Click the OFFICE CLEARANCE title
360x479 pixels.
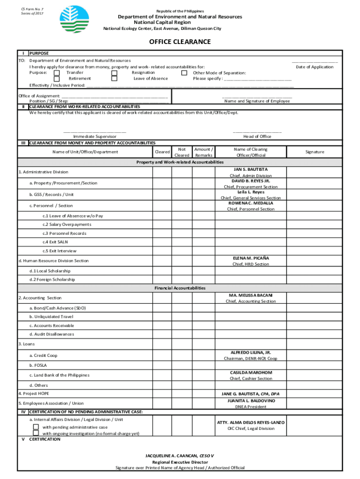pos(180,42)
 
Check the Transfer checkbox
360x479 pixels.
pos(57,73)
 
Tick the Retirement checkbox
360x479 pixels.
pos(57,79)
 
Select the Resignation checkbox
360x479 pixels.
pos(114,73)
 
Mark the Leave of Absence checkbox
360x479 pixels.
pos(114,79)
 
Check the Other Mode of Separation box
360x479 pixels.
pos(184,73)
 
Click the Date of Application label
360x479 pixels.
pos(315,67)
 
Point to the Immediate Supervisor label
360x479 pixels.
pos(95,137)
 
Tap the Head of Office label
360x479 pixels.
pos(257,137)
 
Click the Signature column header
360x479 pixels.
pos(315,152)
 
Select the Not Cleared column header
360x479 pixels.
pos(182,152)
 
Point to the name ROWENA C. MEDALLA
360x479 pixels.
pos(251,203)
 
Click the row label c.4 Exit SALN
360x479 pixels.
pos(58,242)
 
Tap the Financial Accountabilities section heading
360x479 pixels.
pos(180,288)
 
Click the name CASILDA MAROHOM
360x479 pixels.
pos(251,373)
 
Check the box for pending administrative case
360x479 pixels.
pos(36,427)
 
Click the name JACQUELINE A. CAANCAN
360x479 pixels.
pos(172,456)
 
